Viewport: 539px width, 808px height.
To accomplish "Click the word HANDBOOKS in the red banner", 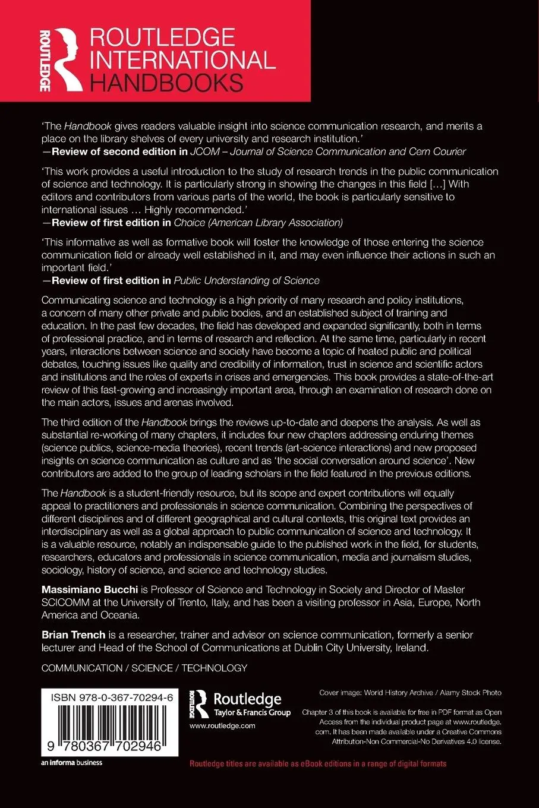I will coord(166,83).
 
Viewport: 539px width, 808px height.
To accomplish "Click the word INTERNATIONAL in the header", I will coord(182,60).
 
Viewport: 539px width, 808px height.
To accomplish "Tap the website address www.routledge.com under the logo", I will coord(222,725).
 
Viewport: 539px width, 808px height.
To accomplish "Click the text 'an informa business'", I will coord(72,763).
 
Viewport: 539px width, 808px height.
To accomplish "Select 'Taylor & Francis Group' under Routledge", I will coord(252,712).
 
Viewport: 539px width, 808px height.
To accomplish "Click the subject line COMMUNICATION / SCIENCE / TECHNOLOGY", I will coord(144,668).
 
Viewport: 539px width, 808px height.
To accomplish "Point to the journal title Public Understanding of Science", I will coord(247,280).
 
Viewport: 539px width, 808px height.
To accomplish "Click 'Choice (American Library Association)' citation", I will coord(258,223).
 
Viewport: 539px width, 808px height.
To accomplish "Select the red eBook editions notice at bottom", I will coord(318,763).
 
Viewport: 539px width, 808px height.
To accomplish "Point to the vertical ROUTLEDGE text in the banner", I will coord(45,60).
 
